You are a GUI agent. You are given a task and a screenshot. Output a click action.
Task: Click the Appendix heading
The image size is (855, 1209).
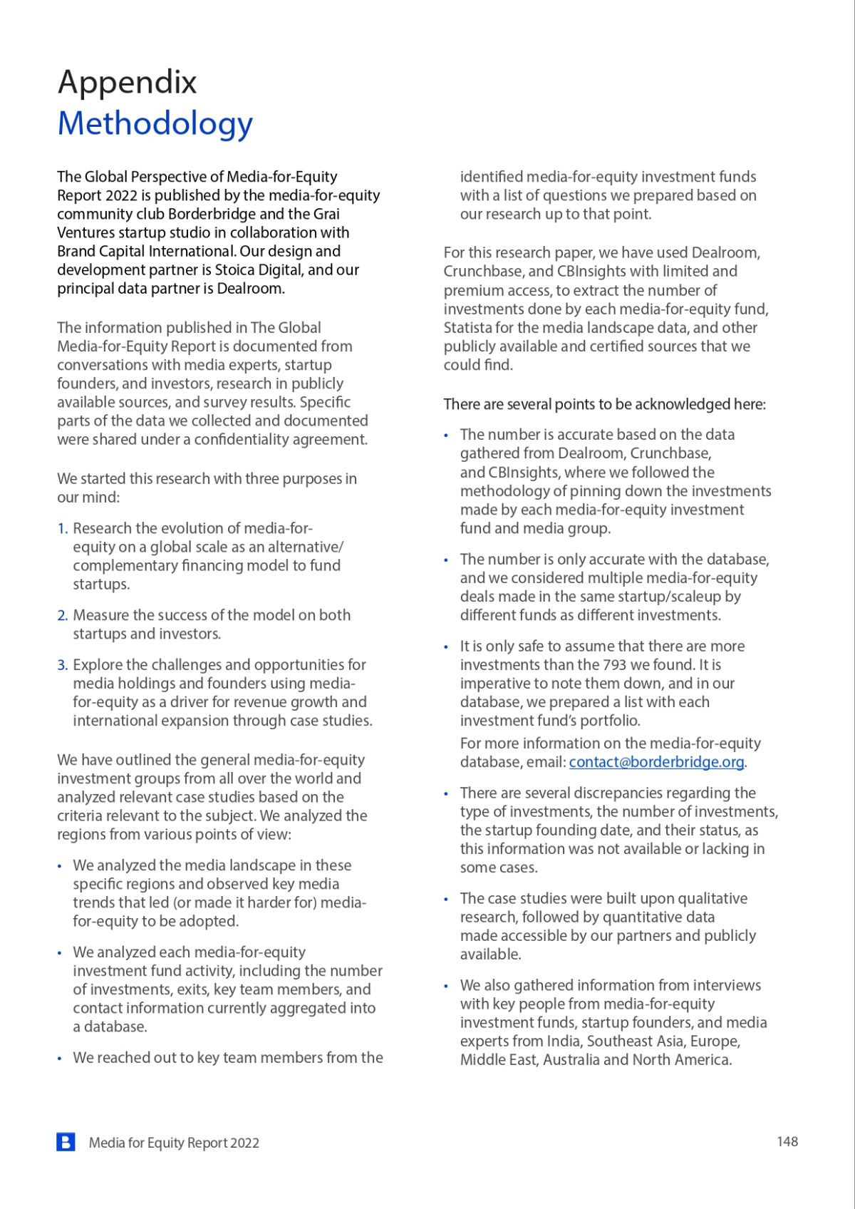tap(127, 83)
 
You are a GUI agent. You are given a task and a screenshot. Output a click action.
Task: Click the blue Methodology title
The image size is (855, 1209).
tap(155, 123)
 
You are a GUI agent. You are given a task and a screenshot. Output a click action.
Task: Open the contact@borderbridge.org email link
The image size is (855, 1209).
tap(656, 762)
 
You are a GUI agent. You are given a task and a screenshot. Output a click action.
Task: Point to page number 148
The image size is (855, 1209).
tap(787, 1141)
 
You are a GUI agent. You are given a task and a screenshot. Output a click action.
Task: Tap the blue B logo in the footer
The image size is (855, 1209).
tap(66, 1142)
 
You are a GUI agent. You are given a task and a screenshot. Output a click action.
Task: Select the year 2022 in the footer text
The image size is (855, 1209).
tap(244, 1143)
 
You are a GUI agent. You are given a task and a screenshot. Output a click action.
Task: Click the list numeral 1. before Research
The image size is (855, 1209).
tap(63, 528)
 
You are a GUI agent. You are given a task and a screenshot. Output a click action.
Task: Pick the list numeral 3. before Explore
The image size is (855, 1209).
tap(63, 665)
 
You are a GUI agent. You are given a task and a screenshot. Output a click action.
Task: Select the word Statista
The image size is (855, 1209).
tap(467, 328)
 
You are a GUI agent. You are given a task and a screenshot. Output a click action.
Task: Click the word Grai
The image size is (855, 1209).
tap(326, 214)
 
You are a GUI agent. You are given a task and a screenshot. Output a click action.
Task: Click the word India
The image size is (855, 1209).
tap(563, 1041)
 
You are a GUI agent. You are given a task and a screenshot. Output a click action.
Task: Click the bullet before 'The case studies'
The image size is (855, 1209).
tap(446, 900)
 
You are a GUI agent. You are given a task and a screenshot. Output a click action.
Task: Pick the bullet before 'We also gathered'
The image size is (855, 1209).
tap(446, 987)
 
